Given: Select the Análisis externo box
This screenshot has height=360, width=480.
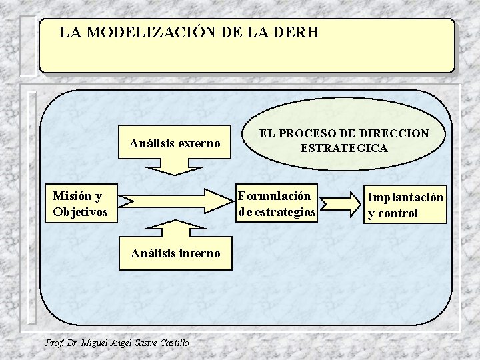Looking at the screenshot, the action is click(x=175, y=143).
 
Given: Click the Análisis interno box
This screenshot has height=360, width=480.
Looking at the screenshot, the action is click(x=175, y=253).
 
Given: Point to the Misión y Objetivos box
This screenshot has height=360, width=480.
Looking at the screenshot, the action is click(x=80, y=204).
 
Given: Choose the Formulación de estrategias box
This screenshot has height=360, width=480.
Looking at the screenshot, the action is click(x=277, y=204).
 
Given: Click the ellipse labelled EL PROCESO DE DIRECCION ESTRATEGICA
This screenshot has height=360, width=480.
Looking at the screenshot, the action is click(x=343, y=141).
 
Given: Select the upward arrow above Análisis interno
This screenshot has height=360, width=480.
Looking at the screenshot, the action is click(x=175, y=227).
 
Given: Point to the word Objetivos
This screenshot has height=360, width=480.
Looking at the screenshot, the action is click(x=80, y=213).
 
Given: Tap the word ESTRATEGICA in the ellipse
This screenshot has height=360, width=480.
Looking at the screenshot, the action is click(x=343, y=148).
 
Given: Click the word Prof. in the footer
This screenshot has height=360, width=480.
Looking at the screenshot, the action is click(x=53, y=343).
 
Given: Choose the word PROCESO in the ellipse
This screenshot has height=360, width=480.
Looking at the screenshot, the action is click(x=313, y=133).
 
